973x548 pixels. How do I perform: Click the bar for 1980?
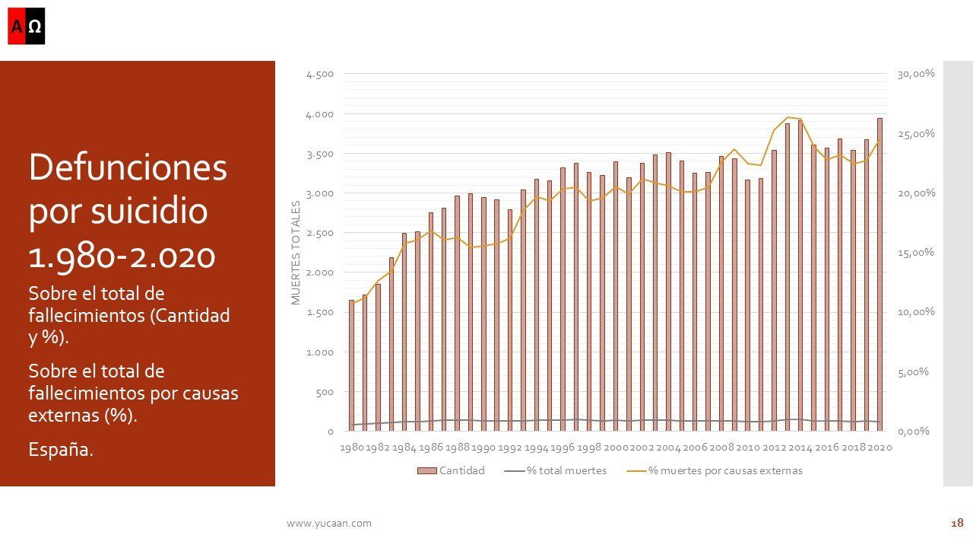(x=351, y=365)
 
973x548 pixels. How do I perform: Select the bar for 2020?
(x=880, y=274)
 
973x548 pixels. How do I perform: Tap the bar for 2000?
(x=615, y=297)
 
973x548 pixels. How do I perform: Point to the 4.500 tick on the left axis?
(x=319, y=75)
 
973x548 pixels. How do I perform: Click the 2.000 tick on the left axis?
(x=319, y=272)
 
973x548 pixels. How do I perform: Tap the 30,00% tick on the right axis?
(x=916, y=74)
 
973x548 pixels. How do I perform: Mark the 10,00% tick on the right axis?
(x=916, y=312)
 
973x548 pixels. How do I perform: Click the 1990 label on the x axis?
(x=483, y=448)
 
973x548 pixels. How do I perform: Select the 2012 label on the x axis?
(x=774, y=448)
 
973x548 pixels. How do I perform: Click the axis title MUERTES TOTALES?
(x=296, y=253)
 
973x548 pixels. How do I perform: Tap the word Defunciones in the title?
(x=128, y=167)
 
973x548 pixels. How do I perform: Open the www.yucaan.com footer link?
(x=329, y=523)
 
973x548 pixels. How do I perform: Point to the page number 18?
(x=957, y=523)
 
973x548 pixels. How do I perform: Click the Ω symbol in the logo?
(x=35, y=27)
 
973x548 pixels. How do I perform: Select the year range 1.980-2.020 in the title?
(x=122, y=256)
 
